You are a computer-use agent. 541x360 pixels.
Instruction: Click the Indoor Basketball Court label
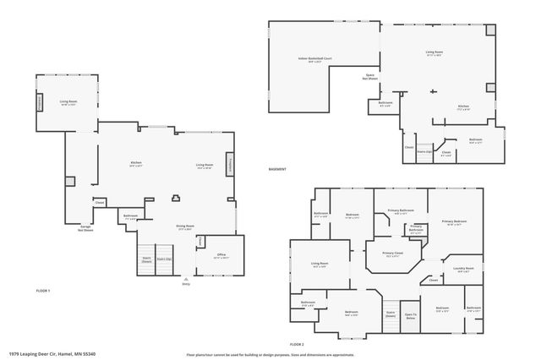tap(314, 59)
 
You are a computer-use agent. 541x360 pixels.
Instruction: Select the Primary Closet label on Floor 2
tap(391, 254)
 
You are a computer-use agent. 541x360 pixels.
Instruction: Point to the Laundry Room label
tap(465, 270)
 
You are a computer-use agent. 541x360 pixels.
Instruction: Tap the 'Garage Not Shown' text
tap(85, 227)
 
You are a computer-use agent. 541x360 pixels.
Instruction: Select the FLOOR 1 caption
tap(43, 291)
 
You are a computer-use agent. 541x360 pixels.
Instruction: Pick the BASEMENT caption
tap(277, 170)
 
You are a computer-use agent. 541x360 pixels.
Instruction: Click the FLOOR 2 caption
tap(296, 344)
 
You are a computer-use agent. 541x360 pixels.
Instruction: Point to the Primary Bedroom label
tap(454, 221)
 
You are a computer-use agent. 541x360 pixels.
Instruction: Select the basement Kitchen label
tap(463, 107)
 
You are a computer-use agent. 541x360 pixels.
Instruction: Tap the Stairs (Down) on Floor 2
tap(390, 314)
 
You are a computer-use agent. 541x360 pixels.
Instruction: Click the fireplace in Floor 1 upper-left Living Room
tap(39, 101)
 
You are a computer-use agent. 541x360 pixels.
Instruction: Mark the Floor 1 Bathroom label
tap(130, 217)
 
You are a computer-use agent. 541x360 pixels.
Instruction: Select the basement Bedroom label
tap(475, 141)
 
